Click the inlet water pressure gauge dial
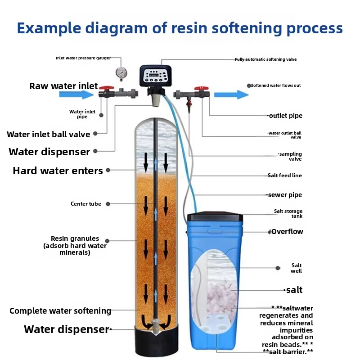(121, 72)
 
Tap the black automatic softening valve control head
(156, 76)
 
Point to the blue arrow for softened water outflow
(231, 94)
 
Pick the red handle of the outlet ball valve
(200, 88)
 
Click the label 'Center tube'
(86, 204)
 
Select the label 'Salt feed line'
(285, 175)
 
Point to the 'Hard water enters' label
(58, 171)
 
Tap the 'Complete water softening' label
(60, 311)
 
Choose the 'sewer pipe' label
(285, 195)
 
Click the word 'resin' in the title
(191, 28)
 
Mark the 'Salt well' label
(297, 268)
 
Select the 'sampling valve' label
(290, 156)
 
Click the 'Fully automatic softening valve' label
(265, 59)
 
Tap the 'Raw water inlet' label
(63, 86)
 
